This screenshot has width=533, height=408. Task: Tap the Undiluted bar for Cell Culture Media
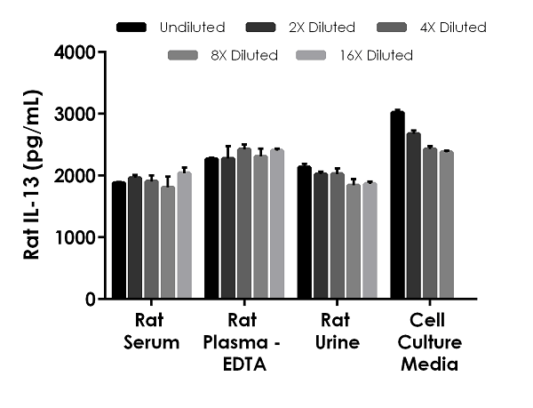(x=397, y=205)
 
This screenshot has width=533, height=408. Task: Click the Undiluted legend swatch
(x=131, y=28)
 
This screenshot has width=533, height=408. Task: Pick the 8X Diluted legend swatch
(x=184, y=56)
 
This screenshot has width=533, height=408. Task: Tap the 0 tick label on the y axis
(x=91, y=300)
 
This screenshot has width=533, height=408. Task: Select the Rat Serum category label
(x=151, y=332)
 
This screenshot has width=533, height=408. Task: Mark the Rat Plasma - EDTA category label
(x=243, y=341)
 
